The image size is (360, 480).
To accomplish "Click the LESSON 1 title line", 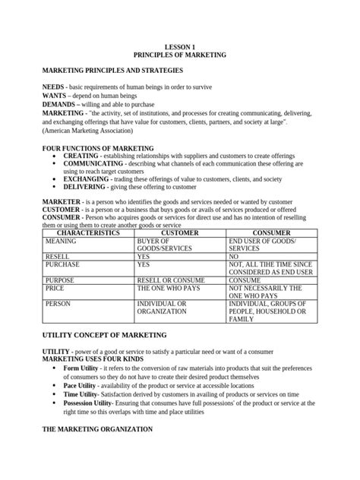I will click(179, 47).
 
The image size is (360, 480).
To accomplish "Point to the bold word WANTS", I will click(54, 99).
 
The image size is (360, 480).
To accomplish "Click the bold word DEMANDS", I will click(60, 107).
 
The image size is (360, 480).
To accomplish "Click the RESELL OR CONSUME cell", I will click(172, 280).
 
